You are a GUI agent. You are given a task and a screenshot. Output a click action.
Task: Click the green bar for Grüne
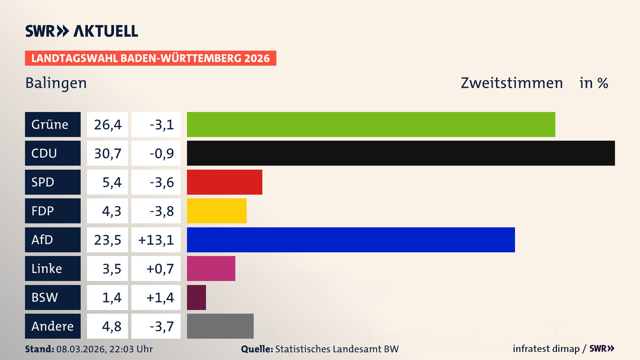pyautogui.click(x=371, y=124)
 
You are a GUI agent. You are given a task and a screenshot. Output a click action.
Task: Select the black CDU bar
pyautogui.click(x=401, y=153)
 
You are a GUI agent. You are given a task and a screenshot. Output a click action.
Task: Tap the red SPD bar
pyautogui.click(x=224, y=182)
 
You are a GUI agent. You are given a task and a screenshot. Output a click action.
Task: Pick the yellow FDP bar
pyautogui.click(x=217, y=211)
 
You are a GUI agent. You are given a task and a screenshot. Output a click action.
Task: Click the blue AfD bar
pyautogui.click(x=351, y=240)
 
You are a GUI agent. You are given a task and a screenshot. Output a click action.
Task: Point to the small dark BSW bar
pyautogui.click(x=196, y=297)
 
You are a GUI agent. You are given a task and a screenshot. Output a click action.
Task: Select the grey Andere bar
pyautogui.click(x=220, y=326)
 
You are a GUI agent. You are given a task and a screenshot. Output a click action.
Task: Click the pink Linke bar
pyautogui.click(x=211, y=268)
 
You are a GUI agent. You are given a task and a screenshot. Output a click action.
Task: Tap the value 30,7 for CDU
pyautogui.click(x=107, y=153)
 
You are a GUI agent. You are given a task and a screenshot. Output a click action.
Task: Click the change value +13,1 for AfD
pyautogui.click(x=156, y=240)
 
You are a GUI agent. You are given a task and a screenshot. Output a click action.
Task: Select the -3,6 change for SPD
pyautogui.click(x=161, y=182)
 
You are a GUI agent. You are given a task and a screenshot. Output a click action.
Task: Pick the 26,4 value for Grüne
pyautogui.click(x=107, y=125)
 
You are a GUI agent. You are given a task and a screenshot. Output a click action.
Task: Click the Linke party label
pyautogui.click(x=47, y=269)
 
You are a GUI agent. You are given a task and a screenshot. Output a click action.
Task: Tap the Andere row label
pyautogui.click(x=52, y=326)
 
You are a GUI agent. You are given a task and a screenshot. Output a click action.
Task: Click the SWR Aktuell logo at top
pyautogui.click(x=81, y=31)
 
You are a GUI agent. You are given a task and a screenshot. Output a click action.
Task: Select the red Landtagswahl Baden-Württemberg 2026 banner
pyautogui.click(x=150, y=58)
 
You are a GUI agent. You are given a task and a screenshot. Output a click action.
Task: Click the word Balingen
pyautogui.click(x=56, y=83)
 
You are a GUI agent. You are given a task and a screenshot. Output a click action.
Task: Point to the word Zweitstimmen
pyautogui.click(x=511, y=83)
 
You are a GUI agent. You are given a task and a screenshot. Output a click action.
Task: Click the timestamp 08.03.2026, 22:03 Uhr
pyautogui.click(x=104, y=349)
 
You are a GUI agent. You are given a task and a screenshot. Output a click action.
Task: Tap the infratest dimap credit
pyautogui.click(x=546, y=349)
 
